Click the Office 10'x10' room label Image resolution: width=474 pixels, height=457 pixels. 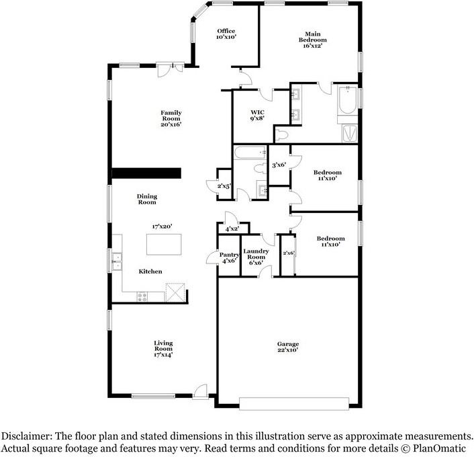pos(226,34)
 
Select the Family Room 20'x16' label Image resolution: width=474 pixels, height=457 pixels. pos(171,118)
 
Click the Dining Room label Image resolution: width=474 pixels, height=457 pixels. pos(147,199)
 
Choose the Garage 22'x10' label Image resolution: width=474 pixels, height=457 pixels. pos(288,347)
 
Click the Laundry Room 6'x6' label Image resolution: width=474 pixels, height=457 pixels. pos(256,255)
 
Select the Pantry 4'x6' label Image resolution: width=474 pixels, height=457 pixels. pos(228,258)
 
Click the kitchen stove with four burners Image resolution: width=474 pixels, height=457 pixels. pos(142,295)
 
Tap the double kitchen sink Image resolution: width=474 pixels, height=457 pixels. pos(116,260)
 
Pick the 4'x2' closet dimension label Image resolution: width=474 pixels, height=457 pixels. pos(232,229)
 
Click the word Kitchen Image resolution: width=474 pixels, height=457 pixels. pos(150,272)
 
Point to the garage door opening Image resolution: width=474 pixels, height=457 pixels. pos(294,404)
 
